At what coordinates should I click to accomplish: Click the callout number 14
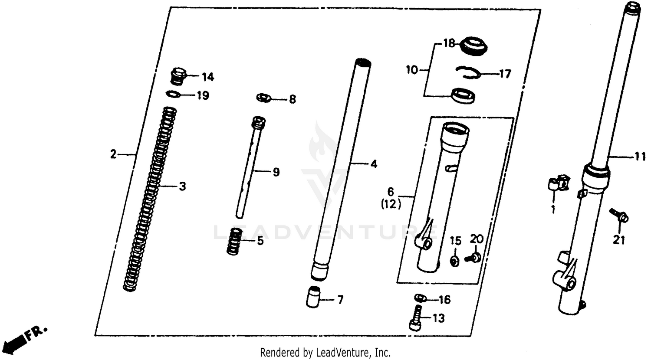pos(207,77)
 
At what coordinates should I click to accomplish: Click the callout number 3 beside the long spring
pos(182,187)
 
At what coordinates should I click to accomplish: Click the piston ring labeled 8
pos(263,98)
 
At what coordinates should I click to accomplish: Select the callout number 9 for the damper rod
pos(276,172)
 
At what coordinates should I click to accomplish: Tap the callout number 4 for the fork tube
pos(373,164)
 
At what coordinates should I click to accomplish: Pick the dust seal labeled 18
pos(473,45)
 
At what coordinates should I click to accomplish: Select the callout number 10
pos(411,69)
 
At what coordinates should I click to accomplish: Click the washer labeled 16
pos(419,298)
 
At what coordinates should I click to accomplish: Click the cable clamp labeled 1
pos(556,184)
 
